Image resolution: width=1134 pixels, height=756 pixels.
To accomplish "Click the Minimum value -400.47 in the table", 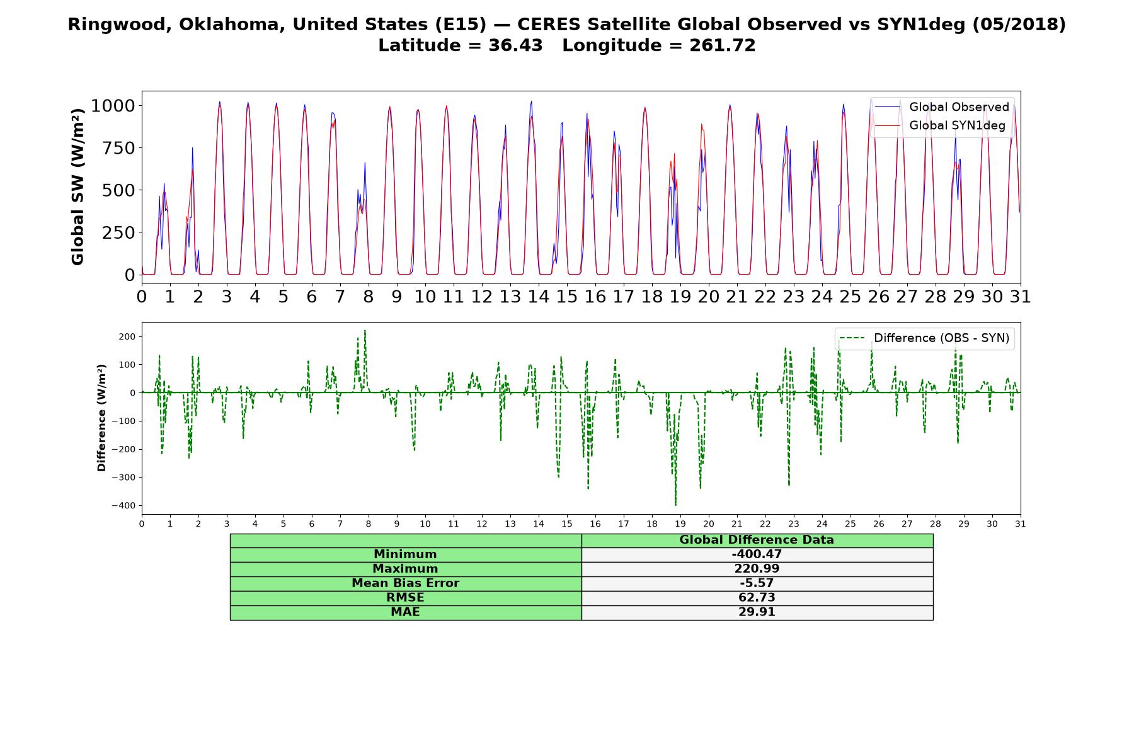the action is point(757,554).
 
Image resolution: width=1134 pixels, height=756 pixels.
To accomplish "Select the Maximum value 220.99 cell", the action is point(757,569).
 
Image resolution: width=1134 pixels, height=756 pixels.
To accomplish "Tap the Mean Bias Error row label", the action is point(405,583).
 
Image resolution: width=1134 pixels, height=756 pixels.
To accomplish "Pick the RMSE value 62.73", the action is point(757,598).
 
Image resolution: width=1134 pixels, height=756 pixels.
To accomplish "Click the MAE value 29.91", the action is point(757,612).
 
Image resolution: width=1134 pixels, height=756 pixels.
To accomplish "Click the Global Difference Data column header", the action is point(757,540).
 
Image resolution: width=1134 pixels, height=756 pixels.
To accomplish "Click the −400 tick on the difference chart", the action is point(123,505).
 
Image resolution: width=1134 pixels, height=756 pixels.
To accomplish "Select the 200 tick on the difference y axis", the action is point(127,336).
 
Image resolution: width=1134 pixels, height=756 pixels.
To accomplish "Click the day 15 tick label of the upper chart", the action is point(566,296).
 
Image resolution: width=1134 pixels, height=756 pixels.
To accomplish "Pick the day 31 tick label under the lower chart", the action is point(1020,524).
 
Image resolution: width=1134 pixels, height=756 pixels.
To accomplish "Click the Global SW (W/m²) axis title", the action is point(78,187).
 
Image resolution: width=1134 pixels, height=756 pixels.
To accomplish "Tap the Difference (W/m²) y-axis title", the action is point(101,418).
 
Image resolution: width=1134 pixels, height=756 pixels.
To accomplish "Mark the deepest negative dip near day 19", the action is point(675,505).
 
